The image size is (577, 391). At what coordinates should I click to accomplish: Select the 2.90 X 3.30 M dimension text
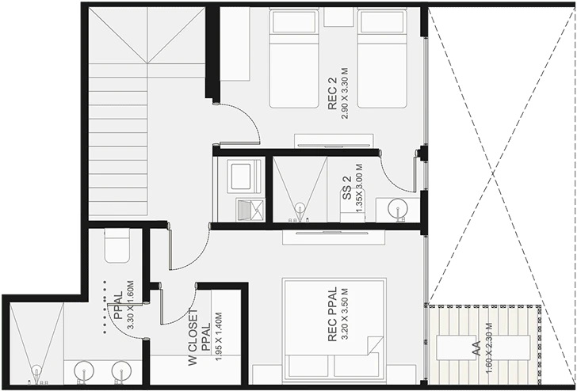[x=345, y=93]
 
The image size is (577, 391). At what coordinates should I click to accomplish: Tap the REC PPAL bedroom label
[x=332, y=314]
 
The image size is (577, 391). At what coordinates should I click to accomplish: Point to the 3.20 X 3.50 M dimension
[x=345, y=314]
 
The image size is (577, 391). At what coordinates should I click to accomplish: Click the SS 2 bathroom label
[x=347, y=188]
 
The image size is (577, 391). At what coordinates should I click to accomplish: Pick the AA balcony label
[x=476, y=348]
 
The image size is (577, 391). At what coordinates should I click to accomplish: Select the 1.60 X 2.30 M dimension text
[x=489, y=348]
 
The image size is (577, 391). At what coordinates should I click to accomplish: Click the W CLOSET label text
[x=193, y=337]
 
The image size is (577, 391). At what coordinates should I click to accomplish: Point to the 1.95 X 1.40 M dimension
[x=219, y=336]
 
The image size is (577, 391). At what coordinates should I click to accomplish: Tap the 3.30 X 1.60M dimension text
[x=130, y=304]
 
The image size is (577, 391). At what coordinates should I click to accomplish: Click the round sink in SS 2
[x=397, y=208]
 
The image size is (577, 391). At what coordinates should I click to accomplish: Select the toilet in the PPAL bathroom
[x=117, y=245]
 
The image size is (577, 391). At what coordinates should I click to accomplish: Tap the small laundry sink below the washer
[x=250, y=210]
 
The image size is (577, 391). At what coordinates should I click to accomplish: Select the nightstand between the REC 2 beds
[x=338, y=17]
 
